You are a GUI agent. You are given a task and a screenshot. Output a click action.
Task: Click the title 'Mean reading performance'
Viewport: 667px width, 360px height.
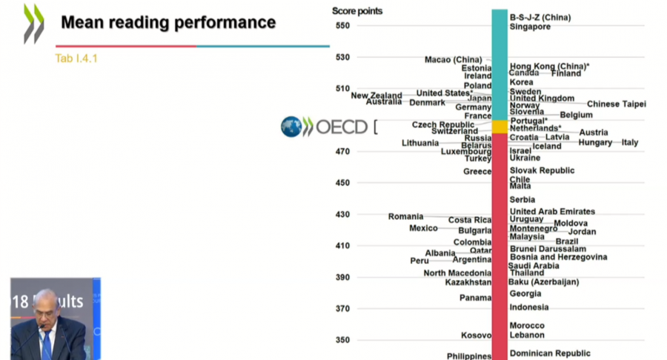tap(168, 22)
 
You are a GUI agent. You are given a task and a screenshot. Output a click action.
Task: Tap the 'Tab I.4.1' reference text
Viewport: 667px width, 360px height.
tap(76, 59)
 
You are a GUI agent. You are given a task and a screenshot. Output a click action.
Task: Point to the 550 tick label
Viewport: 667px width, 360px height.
tap(342, 26)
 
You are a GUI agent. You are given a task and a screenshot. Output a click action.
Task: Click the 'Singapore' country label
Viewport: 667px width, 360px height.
tap(530, 27)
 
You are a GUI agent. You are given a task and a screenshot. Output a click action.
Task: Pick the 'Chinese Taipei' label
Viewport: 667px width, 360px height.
tap(616, 104)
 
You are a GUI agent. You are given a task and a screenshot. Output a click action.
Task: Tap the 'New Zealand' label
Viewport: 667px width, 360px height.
tap(376, 96)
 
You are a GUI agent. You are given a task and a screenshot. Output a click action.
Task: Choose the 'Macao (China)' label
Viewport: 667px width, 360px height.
tap(453, 59)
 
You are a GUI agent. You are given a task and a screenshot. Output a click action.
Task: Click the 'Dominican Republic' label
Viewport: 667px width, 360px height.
tap(550, 353)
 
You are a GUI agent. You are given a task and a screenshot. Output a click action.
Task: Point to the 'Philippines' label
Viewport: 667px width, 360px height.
tap(469, 356)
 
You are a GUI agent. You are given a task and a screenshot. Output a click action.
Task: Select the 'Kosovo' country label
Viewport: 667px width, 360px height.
tap(476, 336)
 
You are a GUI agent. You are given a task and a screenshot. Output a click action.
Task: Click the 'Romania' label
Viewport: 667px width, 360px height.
tap(405, 216)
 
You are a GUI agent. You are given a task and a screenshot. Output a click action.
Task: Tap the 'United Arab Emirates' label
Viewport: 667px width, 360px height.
tap(552, 212)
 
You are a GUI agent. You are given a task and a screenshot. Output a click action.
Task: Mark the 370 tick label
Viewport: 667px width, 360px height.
tap(342, 309)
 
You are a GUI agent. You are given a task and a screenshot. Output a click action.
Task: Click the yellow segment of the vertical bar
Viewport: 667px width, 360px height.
tap(500, 127)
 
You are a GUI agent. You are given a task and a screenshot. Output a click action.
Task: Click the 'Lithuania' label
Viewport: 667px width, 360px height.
tap(420, 143)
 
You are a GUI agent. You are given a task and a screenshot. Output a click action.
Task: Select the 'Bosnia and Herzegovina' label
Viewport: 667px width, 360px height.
tap(558, 257)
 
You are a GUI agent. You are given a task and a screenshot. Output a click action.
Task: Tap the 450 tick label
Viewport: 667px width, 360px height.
tap(342, 183)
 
